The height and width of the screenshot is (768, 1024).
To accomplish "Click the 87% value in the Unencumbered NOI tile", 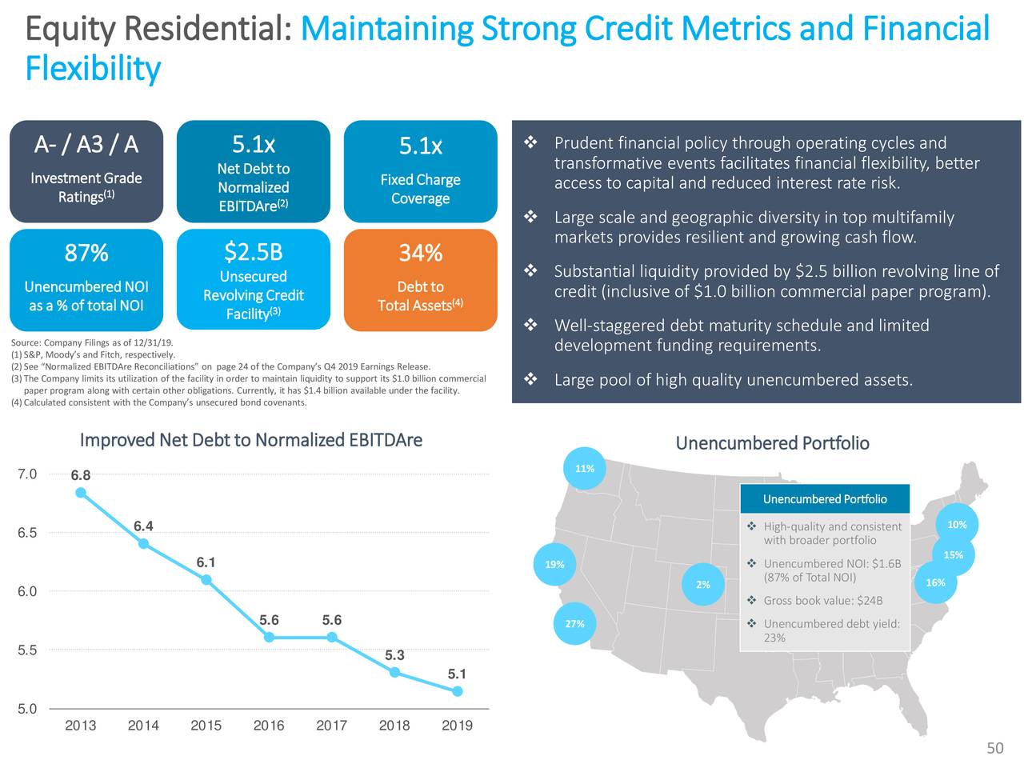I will point(86,253).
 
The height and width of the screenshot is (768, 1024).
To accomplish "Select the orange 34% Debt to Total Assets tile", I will point(420,279).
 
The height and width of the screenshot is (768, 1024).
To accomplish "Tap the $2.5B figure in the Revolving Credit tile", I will point(253,252).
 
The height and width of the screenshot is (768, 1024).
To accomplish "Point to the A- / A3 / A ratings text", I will point(86,144).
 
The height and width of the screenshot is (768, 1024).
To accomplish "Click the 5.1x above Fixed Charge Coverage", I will point(420,146).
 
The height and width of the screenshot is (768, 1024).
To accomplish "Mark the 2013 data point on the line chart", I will point(81,493).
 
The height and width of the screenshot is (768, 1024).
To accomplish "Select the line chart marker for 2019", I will point(457,691).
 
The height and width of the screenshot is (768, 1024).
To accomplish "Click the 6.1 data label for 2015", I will point(206,562).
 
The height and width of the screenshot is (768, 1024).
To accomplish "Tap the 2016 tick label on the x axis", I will point(269,726).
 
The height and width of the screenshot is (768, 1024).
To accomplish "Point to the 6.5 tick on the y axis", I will point(27,533).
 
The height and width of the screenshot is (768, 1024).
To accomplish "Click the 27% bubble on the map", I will point(574,624).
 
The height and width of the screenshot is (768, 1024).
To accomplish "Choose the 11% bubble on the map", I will point(585,469).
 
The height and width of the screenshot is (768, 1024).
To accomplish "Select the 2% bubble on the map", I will point(702,585).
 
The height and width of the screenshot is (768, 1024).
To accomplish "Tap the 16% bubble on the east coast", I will point(935,582).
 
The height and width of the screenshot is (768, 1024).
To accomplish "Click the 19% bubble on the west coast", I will point(554,565).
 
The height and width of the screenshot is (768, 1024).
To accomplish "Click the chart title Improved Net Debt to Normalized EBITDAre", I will point(251,441).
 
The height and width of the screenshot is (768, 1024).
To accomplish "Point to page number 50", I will point(994,748).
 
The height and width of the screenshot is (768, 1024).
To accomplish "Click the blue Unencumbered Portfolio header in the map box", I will point(825,499).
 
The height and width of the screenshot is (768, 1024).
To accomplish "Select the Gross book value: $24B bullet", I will point(822,601).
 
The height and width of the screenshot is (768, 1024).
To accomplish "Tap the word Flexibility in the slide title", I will point(93,69).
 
